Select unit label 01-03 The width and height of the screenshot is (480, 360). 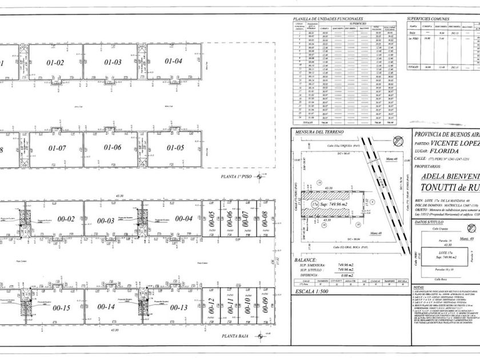pos(113,62)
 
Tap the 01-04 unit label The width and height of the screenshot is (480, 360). pos(174,61)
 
